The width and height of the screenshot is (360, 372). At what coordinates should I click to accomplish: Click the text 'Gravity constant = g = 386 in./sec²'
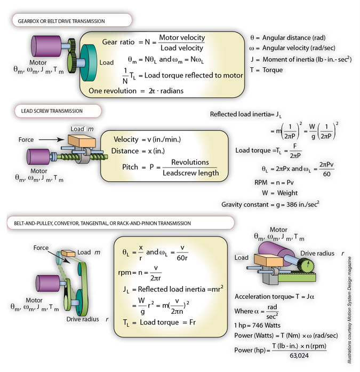270,204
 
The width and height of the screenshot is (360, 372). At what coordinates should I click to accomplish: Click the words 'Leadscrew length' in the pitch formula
190,172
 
